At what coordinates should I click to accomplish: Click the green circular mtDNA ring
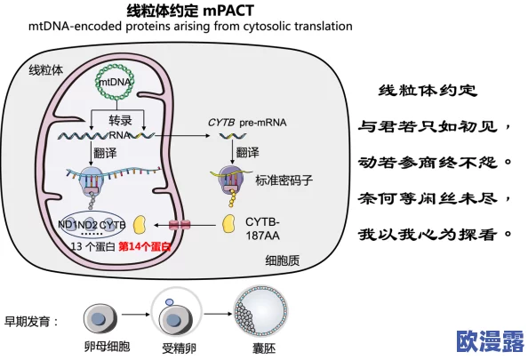[x=115, y=81]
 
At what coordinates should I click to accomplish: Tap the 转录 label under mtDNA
[x=120, y=120]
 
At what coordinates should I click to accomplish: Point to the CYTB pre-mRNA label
[x=244, y=118]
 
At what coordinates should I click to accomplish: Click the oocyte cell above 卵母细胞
[x=98, y=316]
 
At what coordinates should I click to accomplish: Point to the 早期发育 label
[x=32, y=321]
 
